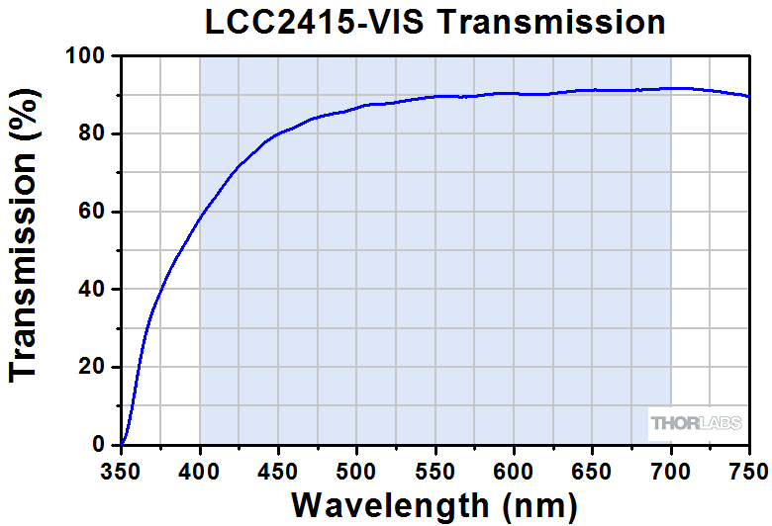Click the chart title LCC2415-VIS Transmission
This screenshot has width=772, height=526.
pyautogui.click(x=434, y=22)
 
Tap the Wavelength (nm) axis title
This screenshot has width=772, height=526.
pyautogui.click(x=434, y=505)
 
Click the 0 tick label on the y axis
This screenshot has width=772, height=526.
pyautogui.click(x=98, y=445)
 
